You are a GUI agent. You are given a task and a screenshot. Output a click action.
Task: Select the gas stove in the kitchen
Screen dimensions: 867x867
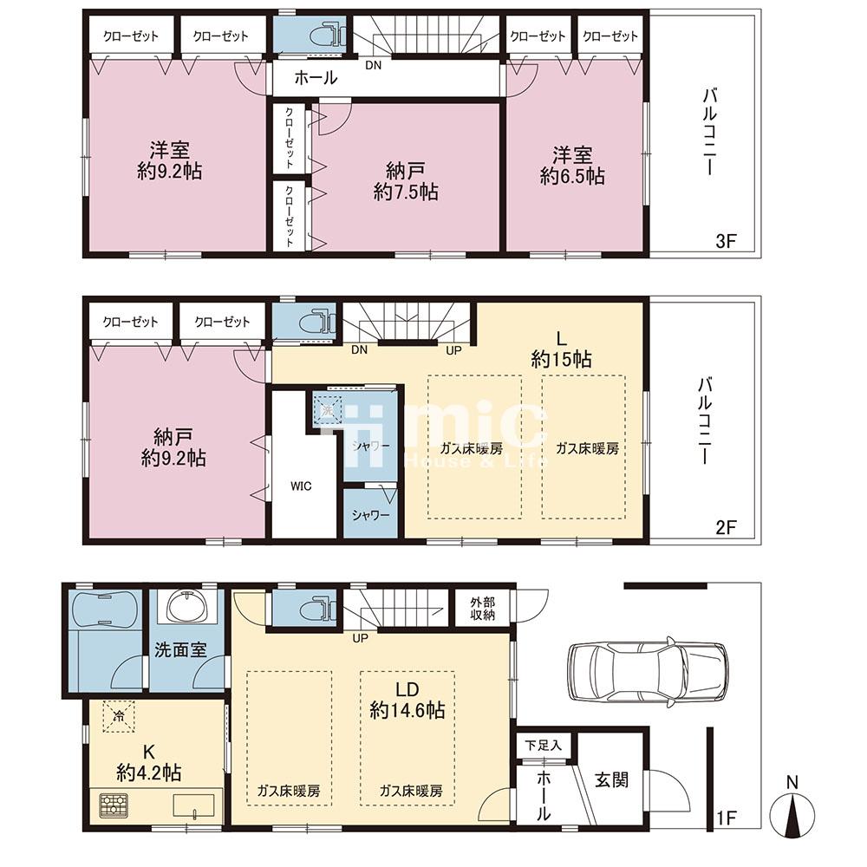pos(114,805)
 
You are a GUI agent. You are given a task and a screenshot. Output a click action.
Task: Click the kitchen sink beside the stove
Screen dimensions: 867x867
pos(193,805)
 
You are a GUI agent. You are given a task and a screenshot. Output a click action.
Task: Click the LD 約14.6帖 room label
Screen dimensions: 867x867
pos(407,700)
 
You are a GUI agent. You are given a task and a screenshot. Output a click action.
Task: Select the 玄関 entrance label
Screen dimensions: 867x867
pos(611,779)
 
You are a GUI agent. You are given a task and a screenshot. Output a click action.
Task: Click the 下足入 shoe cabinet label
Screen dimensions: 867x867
pos(543,745)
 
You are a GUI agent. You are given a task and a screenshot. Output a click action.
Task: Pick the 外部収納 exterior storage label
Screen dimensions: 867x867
pos(482,609)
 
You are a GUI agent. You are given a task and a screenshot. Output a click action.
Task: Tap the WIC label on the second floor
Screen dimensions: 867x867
pos(302,486)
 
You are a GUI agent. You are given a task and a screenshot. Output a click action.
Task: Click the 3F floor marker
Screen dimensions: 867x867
pos(726,241)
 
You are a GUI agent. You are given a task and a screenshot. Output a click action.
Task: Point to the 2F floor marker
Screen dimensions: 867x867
pos(726,527)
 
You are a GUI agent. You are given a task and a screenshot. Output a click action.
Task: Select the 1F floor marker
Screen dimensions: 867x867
pos(727,818)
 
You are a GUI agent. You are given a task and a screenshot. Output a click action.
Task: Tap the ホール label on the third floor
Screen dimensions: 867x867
pos(316,78)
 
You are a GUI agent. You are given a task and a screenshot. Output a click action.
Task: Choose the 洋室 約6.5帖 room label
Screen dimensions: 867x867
pos(571,166)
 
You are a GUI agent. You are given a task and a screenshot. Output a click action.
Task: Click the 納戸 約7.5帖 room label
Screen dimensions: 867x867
pos(406,181)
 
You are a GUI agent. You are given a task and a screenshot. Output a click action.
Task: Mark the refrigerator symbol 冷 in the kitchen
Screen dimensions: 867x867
pos(118,717)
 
